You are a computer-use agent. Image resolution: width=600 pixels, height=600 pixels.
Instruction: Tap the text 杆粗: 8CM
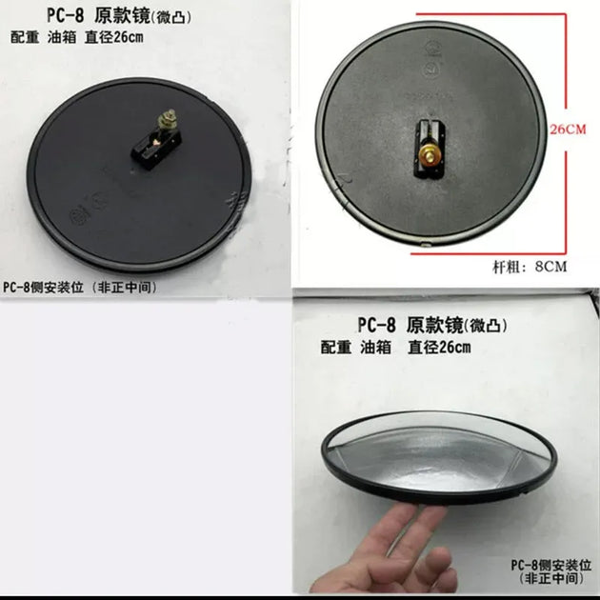[x=530, y=267]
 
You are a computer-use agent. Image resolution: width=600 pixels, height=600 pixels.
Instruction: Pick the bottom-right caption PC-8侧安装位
[x=558, y=564]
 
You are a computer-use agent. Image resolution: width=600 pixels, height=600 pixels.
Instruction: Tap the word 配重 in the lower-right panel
[x=335, y=348]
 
